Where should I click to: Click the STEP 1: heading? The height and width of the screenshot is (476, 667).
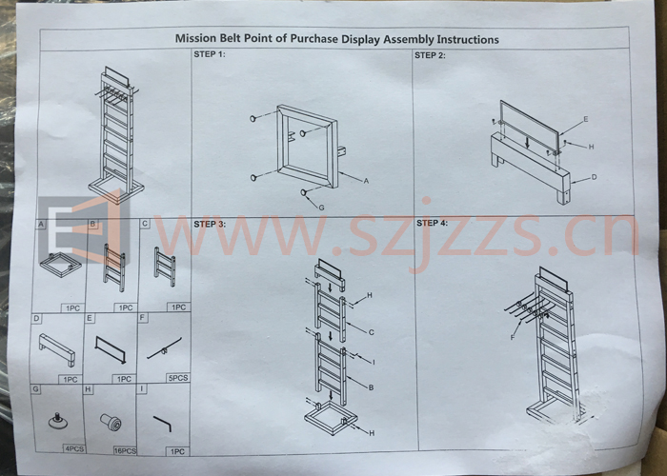pos(210,54)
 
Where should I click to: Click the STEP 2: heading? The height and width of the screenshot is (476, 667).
pos(430,55)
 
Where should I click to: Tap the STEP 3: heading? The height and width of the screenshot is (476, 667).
pos(210,224)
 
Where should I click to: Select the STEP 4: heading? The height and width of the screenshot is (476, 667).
pos(433,223)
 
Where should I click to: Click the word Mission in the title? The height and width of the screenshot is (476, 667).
pos(195,39)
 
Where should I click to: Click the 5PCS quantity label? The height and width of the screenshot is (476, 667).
pos(178,378)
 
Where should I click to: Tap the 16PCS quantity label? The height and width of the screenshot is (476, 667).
pos(125,450)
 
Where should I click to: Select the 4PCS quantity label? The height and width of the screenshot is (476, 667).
pos(74,448)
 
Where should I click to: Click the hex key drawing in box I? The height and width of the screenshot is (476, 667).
pos(163,424)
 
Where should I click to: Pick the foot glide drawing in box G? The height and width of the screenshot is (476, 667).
pos(57,421)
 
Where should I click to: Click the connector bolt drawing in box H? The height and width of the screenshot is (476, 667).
pos(111,422)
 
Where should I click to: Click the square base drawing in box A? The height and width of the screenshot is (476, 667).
pos(61,265)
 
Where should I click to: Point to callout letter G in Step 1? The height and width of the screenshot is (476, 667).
pos(322,208)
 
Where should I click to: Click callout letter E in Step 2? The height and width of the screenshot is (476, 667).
pos(586,119)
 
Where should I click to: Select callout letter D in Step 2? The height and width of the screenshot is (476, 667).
pos(595,177)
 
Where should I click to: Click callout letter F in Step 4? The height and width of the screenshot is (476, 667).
pos(513,337)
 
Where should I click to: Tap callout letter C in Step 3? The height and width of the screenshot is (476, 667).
pos(371,332)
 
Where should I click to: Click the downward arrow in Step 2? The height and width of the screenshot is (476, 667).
pos(528,143)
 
